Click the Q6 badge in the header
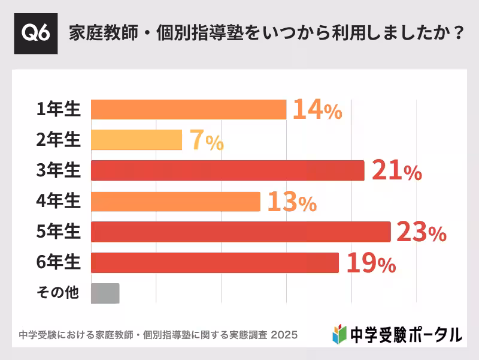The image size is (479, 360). point(36,33)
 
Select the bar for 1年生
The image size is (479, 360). point(189,109)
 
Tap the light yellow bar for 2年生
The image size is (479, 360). point(137,140)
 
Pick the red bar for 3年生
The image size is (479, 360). point(228,170)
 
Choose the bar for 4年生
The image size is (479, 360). point(175,202)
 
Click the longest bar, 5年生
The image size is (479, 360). point(241,232)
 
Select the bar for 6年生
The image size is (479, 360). point(215,263)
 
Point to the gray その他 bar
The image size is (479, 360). point(105,293)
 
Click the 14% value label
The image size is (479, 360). point(317,110)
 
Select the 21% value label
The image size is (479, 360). point(396,172)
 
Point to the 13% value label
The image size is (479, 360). point(291,203)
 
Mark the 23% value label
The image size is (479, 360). point(421,233)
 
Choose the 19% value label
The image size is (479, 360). point(370,264)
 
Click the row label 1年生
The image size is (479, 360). point(58,109)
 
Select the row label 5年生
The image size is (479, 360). point(58,232)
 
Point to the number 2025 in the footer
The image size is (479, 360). point(284,334)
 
